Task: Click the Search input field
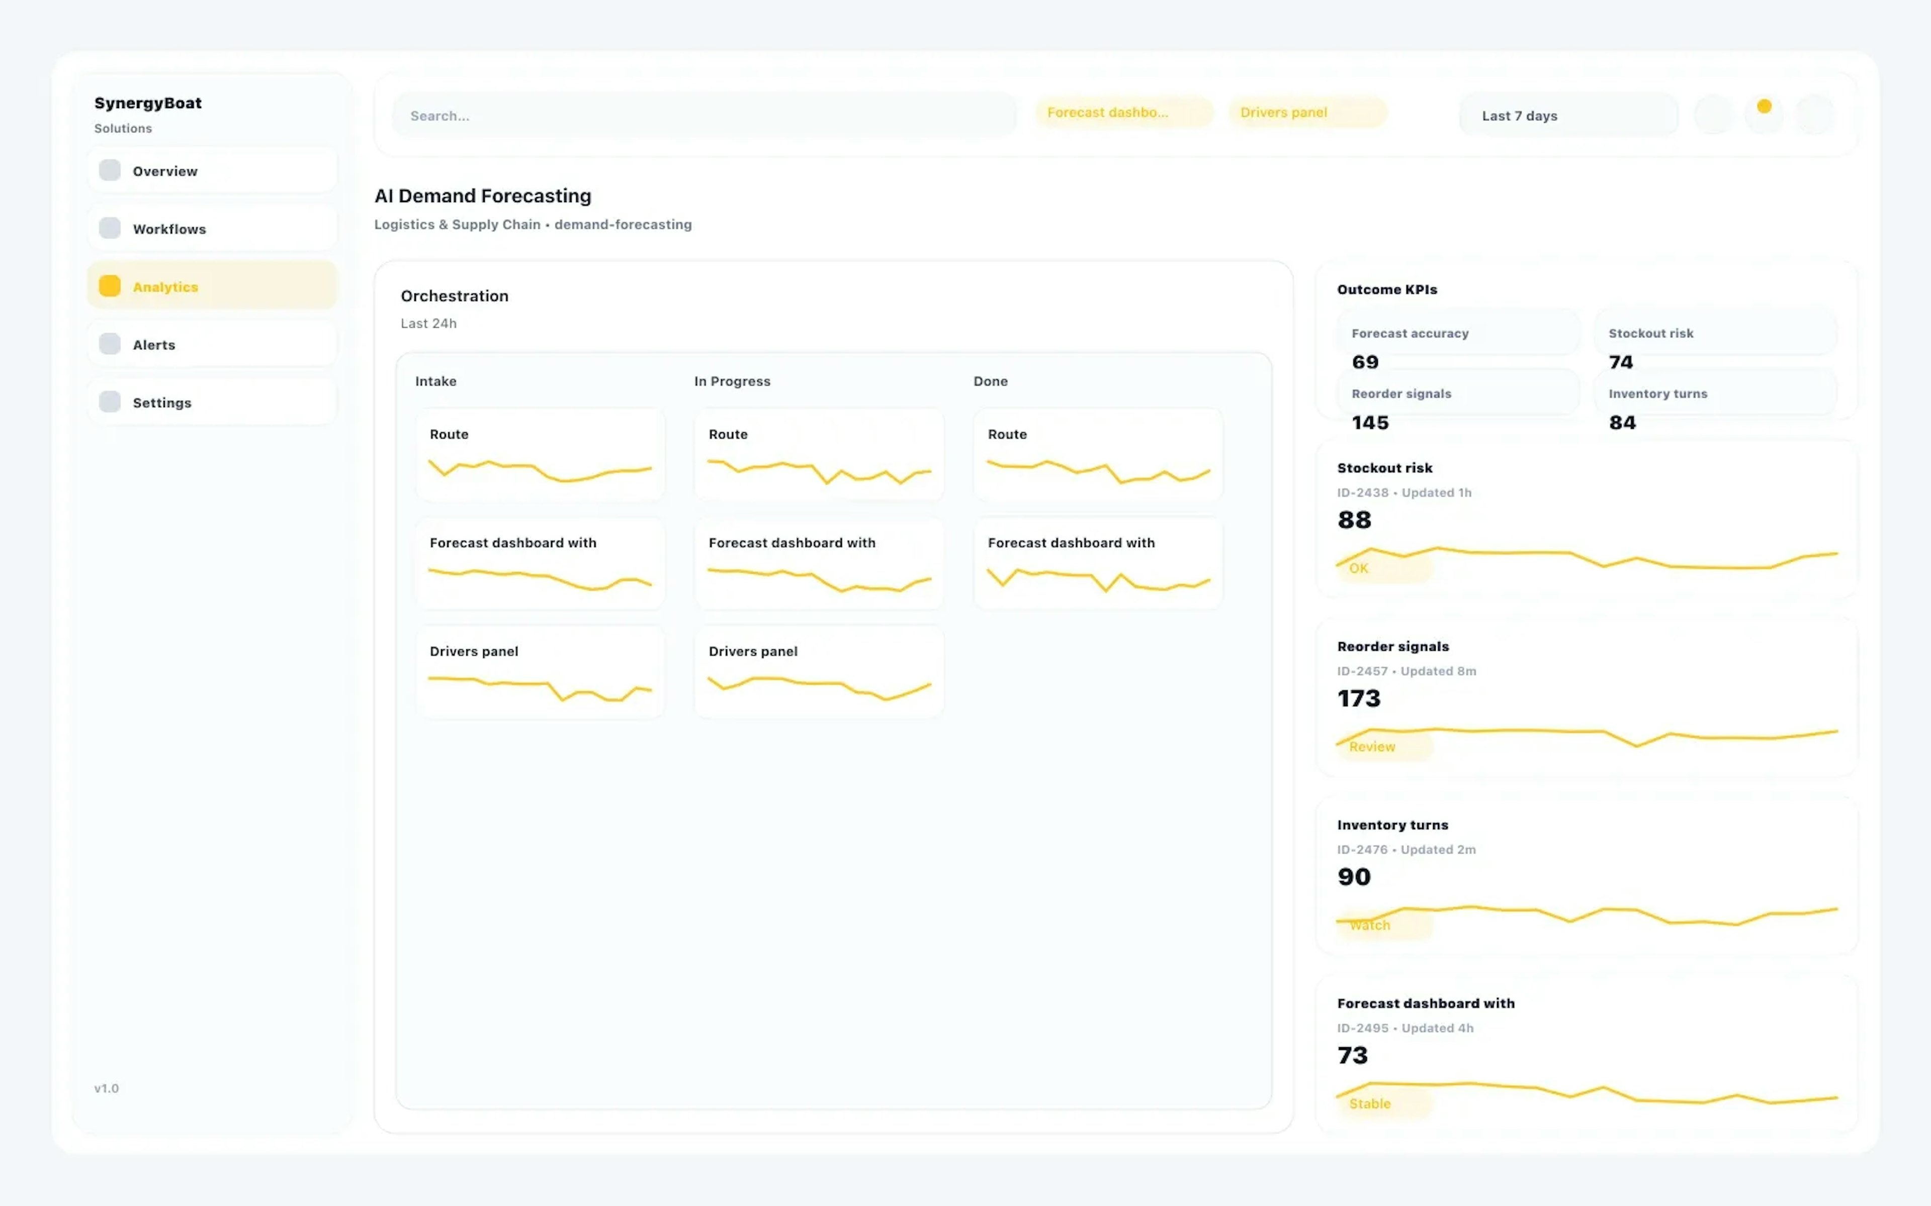pyautogui.click(x=702, y=116)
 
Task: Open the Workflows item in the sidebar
pyautogui.click(x=212, y=229)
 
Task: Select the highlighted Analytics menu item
pyautogui.click(x=212, y=286)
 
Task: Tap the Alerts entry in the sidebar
pyautogui.click(x=212, y=345)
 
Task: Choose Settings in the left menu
pyautogui.click(x=212, y=403)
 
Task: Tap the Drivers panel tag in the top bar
pyautogui.click(x=1307, y=113)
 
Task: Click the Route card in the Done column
pyautogui.click(x=1097, y=455)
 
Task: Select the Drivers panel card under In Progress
pyautogui.click(x=819, y=672)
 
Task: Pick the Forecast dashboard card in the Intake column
pyautogui.click(x=540, y=563)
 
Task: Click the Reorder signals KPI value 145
pyautogui.click(x=1370, y=423)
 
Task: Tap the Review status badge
pyautogui.click(x=1372, y=747)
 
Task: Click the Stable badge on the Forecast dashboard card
pyautogui.click(x=1370, y=1104)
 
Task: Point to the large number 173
pyautogui.click(x=1359, y=698)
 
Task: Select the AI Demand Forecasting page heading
pyautogui.click(x=483, y=196)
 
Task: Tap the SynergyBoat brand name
pyautogui.click(x=148, y=103)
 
